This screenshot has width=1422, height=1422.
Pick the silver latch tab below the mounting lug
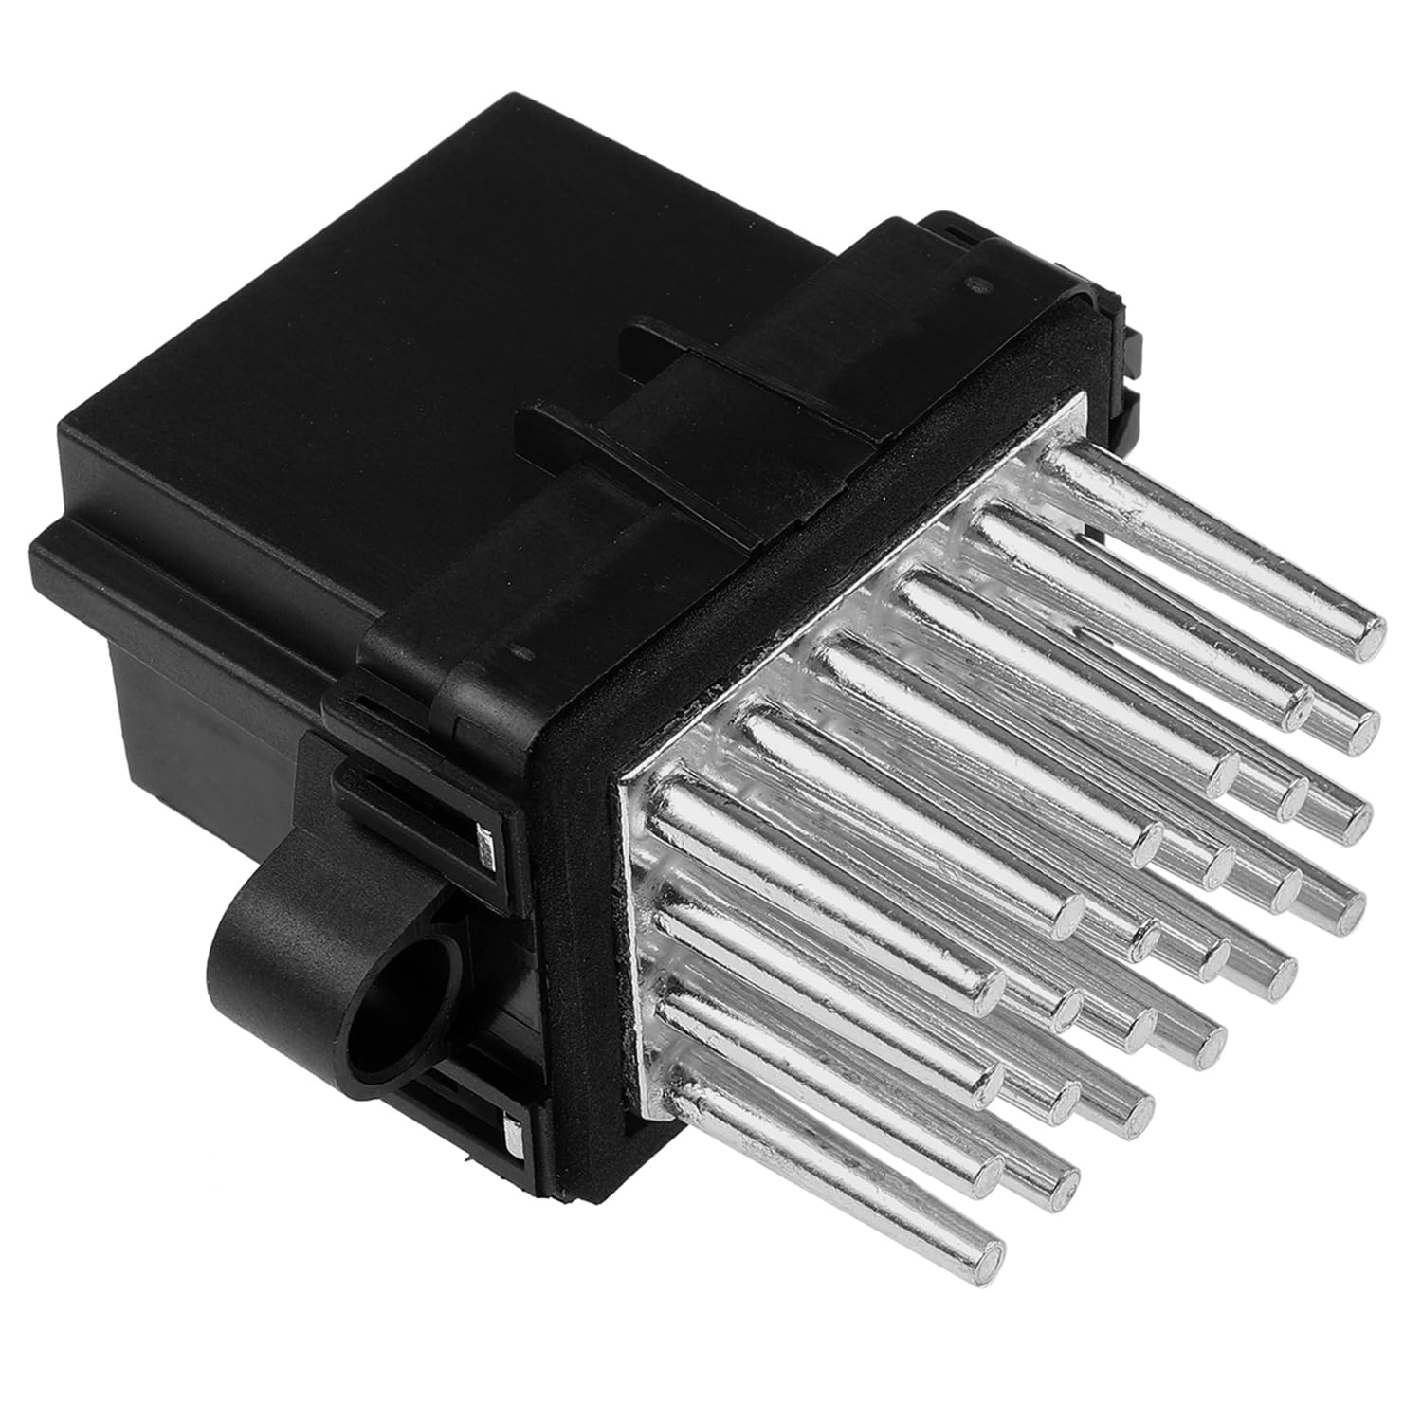point(513,1133)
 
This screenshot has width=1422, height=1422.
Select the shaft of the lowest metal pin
point(834,1176)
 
